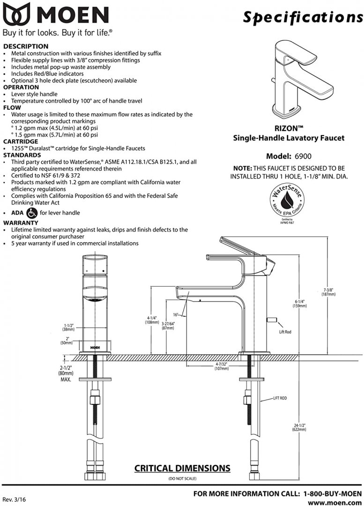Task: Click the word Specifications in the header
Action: click(303, 17)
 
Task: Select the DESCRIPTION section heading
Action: click(26, 46)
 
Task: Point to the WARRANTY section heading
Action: click(21, 223)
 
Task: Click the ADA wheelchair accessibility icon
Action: click(32, 213)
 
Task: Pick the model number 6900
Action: click(302, 156)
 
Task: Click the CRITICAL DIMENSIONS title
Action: click(182, 468)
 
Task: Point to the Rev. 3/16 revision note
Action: click(15, 500)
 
